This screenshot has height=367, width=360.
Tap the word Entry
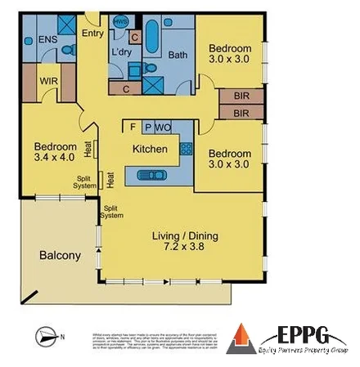(92, 34)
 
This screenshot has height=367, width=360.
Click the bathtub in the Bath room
(153, 35)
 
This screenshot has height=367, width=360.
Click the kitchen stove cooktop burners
(186, 149)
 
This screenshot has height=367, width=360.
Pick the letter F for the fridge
(133, 127)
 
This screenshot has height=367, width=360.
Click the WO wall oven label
(164, 127)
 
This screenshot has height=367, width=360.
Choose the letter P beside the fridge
(148, 127)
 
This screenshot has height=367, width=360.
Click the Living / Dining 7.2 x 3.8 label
(182, 243)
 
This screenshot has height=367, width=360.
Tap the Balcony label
(61, 256)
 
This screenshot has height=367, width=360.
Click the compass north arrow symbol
(46, 335)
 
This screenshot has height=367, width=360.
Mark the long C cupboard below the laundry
(126, 88)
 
